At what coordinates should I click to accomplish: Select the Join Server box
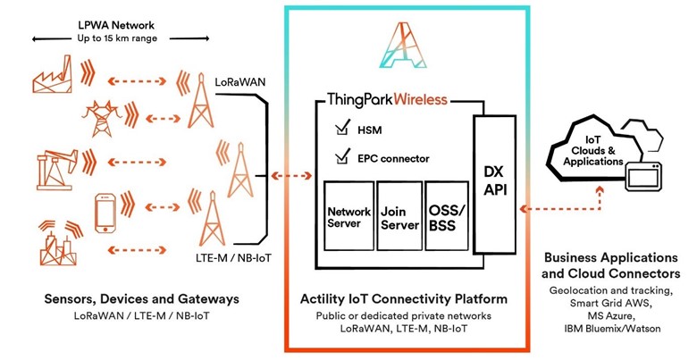pyautogui.click(x=399, y=219)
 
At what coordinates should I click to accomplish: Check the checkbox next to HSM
pyautogui.click(x=340, y=129)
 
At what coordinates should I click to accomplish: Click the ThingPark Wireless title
pyautogui.click(x=387, y=99)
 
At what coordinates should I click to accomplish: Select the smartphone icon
pyautogui.click(x=106, y=212)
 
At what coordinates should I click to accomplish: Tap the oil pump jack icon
pyautogui.click(x=55, y=164)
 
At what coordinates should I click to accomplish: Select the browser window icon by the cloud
pyautogui.click(x=649, y=174)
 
